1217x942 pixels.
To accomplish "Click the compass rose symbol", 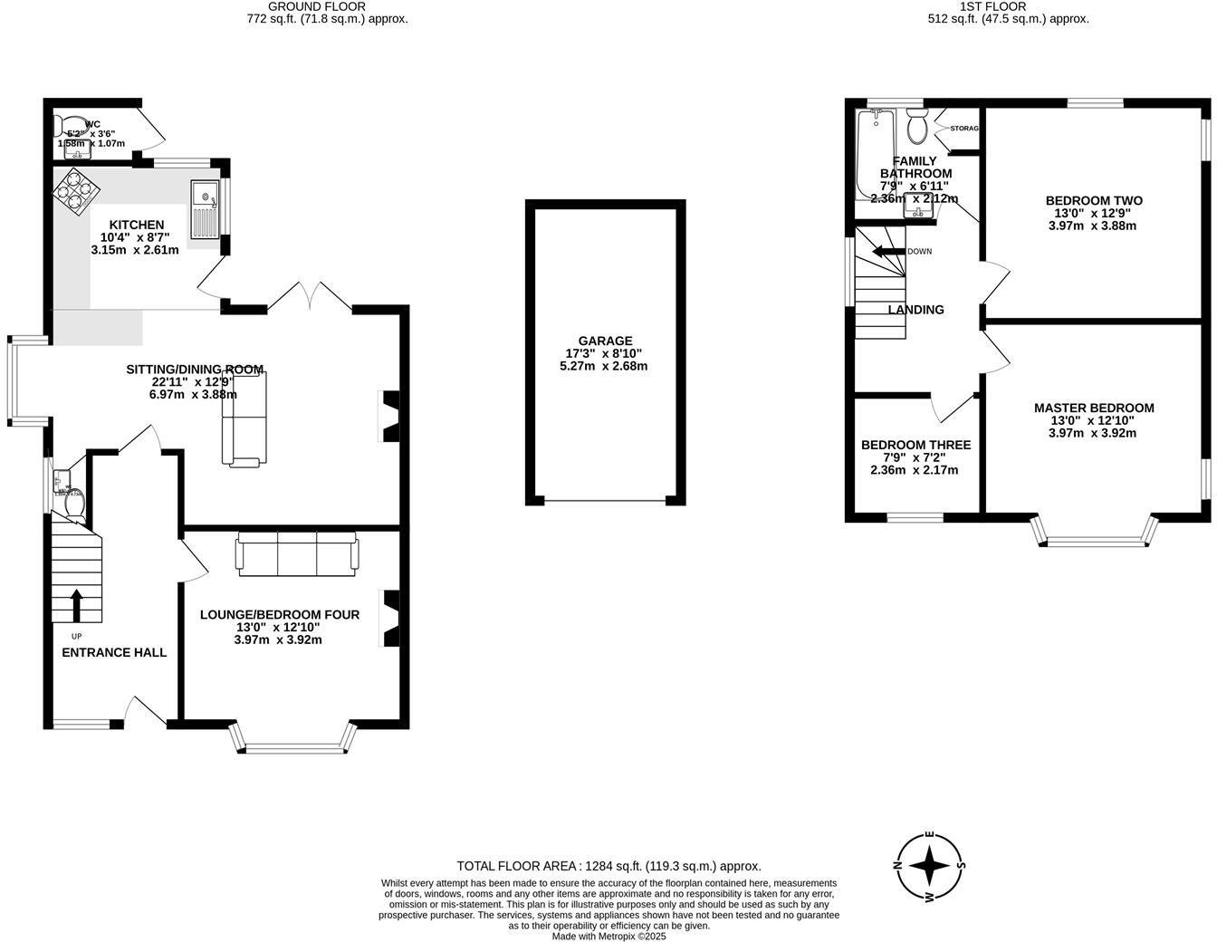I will (x=929, y=866).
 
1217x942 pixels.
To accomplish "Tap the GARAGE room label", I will (x=606, y=341).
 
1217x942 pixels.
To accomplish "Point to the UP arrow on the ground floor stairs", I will (x=75, y=605).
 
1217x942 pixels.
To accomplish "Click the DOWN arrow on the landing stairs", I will (x=888, y=251).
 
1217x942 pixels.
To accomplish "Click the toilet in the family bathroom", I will (x=917, y=127).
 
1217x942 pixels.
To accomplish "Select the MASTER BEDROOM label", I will (x=1094, y=409).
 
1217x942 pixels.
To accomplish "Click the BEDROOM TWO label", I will (x=1094, y=200).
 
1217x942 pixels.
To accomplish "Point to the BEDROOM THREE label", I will (x=915, y=445).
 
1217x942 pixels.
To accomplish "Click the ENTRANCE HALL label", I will (x=114, y=652).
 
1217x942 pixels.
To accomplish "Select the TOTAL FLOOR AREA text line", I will (x=608, y=866).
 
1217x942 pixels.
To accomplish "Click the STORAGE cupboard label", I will (x=964, y=129).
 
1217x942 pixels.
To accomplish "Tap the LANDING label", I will (x=915, y=310).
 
